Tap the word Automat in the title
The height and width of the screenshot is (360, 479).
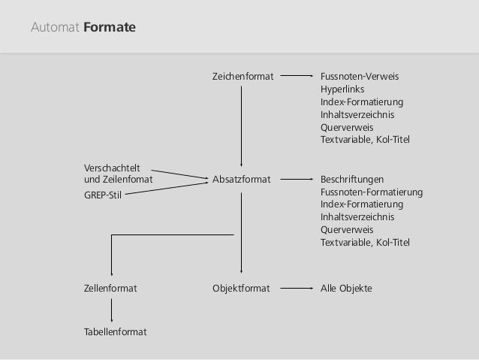[x=55, y=29]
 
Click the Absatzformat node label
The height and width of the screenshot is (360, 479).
[x=241, y=180]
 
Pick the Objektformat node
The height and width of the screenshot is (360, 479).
[x=241, y=288]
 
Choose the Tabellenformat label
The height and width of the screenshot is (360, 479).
[x=115, y=331]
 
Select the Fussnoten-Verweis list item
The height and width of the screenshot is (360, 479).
[x=359, y=76]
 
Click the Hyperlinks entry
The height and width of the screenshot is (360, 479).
[x=342, y=89]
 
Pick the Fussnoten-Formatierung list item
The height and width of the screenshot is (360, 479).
[x=371, y=192]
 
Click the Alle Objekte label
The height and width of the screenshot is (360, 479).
[x=346, y=288]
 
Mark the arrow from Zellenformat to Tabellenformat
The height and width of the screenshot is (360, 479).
[x=111, y=310]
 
